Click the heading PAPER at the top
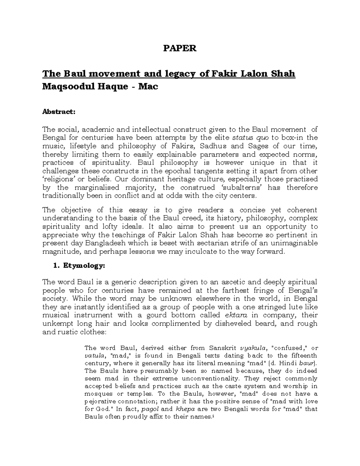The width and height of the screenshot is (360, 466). (x=179, y=48)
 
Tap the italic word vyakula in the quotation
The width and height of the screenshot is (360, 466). (x=253, y=348)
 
